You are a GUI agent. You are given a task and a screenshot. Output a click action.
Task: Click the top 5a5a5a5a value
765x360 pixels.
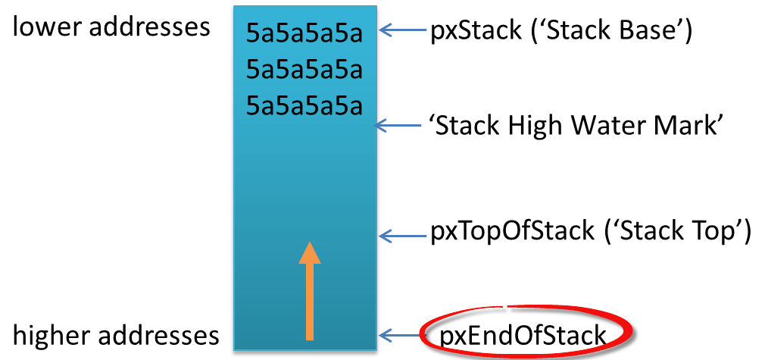point(304,34)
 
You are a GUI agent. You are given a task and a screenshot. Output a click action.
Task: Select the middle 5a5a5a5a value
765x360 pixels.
point(304,70)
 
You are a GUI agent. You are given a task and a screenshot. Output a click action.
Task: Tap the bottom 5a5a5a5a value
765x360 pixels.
point(304,105)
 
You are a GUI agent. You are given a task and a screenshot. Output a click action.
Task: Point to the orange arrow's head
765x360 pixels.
point(309,253)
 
